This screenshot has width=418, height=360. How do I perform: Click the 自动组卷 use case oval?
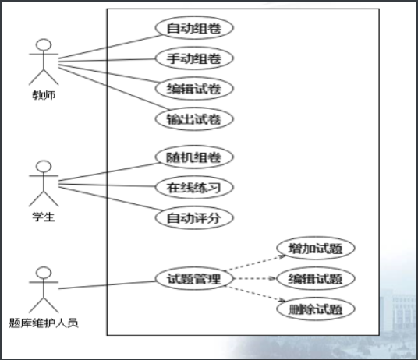coord(194,28)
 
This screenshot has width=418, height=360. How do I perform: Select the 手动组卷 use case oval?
coord(194,58)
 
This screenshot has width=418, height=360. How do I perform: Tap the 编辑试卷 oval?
coord(194,88)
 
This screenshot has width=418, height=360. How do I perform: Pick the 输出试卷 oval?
coord(194,118)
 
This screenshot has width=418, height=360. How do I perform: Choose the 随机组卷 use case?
coord(194,157)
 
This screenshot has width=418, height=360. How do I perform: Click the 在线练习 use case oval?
coord(194,187)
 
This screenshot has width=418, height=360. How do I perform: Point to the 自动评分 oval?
coord(194,217)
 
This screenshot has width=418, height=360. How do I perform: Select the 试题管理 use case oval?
coord(194,278)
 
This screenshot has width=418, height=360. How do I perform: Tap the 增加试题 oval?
coord(316,248)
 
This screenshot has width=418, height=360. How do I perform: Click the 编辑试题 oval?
coord(316,278)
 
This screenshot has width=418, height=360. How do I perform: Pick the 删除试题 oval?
coord(316,309)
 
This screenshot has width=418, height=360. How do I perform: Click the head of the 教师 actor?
coord(44,44)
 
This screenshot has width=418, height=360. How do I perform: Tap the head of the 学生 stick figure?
coord(44,167)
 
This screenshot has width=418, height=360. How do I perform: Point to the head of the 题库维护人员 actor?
coord(44,273)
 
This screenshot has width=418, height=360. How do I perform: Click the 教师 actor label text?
coord(44,95)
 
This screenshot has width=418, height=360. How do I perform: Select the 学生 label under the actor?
coord(44,217)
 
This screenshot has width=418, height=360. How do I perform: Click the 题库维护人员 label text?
coord(44,323)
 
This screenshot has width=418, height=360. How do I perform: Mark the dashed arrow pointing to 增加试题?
coord(255,263)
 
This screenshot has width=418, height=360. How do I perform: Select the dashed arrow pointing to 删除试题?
coord(255,294)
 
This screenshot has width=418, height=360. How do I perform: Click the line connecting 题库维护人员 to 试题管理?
coord(107,285)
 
